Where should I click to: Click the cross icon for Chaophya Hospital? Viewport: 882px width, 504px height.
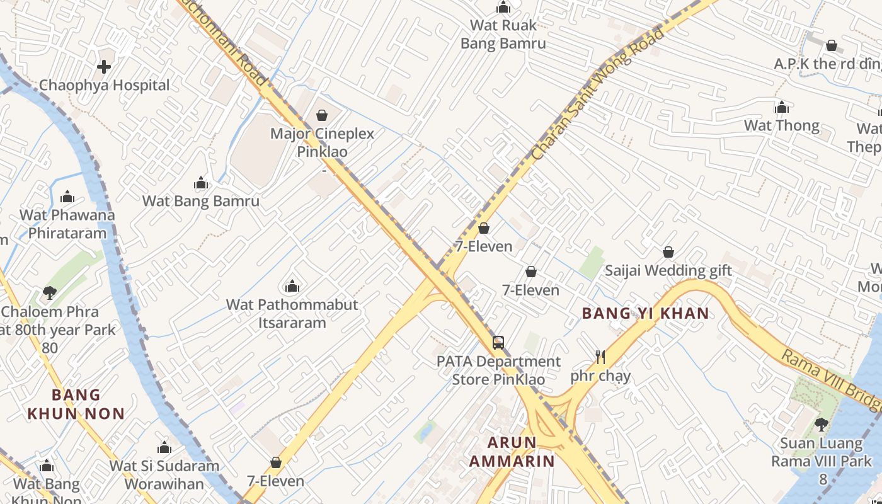tap(104, 66)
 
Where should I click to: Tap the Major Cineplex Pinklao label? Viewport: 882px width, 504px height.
tap(322, 143)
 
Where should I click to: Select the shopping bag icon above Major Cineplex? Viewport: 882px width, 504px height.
tap(322, 115)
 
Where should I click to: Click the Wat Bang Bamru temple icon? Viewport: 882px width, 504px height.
tap(201, 183)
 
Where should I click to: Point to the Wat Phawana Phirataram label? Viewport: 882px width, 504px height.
tap(67, 224)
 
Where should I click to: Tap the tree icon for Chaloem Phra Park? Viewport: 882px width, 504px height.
tap(49, 292)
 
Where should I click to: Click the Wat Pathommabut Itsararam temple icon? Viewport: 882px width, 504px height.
tap(292, 287)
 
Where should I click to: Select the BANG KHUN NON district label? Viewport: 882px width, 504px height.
tap(76, 404)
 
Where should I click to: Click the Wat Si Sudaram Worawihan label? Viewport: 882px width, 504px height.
tap(164, 475)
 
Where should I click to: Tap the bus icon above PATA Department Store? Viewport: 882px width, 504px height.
tap(498, 343)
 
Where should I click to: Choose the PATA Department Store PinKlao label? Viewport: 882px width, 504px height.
tap(498, 370)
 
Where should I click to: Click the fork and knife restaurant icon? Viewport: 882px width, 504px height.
tap(600, 357)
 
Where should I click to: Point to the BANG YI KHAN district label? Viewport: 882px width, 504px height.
tap(645, 313)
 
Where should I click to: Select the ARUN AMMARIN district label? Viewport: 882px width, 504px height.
tap(512, 452)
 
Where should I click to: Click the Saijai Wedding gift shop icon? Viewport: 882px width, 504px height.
tap(668, 252)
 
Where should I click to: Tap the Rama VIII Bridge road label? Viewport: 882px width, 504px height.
tap(831, 379)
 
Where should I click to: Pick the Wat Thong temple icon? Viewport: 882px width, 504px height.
tap(782, 107)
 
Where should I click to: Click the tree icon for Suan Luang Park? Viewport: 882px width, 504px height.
tap(821, 424)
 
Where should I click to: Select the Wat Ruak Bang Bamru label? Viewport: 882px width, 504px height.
tap(503, 35)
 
